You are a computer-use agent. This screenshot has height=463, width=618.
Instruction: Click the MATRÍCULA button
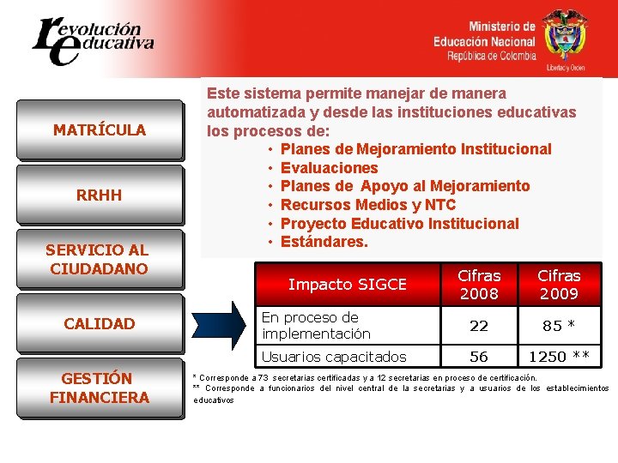tap(100, 130)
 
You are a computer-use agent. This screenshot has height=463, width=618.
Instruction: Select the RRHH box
tap(100, 195)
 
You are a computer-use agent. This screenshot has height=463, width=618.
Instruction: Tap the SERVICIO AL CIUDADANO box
tap(100, 259)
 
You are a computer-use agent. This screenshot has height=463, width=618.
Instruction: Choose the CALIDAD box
tap(100, 323)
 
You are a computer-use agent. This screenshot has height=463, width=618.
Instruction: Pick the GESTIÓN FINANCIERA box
tap(100, 388)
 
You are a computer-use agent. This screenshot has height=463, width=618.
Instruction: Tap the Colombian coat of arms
tap(565, 36)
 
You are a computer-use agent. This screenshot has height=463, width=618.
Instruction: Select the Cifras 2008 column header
tap(478, 285)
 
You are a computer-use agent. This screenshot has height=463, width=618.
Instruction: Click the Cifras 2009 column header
tap(559, 285)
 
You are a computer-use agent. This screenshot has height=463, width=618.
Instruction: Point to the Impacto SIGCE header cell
tap(347, 285)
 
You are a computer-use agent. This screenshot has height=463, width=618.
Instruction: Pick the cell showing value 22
tap(478, 326)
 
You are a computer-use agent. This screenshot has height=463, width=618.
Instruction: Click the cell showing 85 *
tap(559, 326)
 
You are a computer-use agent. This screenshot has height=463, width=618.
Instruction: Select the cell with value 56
tap(478, 357)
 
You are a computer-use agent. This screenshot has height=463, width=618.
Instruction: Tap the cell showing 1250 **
tap(559, 357)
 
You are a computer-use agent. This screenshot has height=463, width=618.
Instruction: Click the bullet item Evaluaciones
tap(329, 168)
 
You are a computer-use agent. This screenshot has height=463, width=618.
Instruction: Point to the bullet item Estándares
tap(324, 243)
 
